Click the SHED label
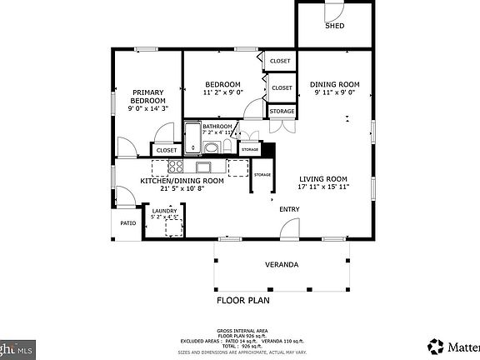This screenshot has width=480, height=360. [334, 26]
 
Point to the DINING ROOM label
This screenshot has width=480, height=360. [335, 84]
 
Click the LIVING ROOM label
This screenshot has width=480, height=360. [323, 178]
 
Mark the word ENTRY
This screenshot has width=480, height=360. [289, 209]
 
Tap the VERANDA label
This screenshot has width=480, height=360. [282, 264]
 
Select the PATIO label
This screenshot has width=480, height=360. [127, 223]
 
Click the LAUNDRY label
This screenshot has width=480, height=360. [164, 211]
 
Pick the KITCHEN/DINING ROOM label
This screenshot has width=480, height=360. [182, 181]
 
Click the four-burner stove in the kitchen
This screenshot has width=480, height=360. [176, 166]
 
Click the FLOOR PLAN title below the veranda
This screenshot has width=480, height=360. [243, 300]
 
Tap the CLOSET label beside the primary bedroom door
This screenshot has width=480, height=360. [167, 151]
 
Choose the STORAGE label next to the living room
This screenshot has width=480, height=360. [262, 174]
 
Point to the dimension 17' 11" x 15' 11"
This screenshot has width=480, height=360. [323, 187]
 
